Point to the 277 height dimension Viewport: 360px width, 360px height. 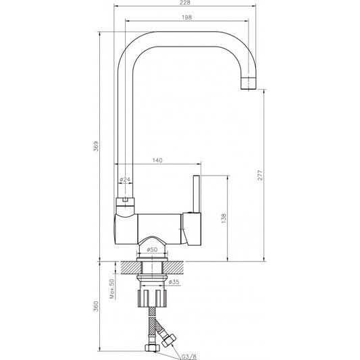point(260,176)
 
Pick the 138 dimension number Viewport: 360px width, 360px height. point(224,217)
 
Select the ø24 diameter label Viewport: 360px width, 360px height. point(125,179)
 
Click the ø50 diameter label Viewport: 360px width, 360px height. point(151,250)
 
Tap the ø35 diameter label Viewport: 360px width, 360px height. point(173,282)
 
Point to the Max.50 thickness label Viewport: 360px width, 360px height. point(112,288)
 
